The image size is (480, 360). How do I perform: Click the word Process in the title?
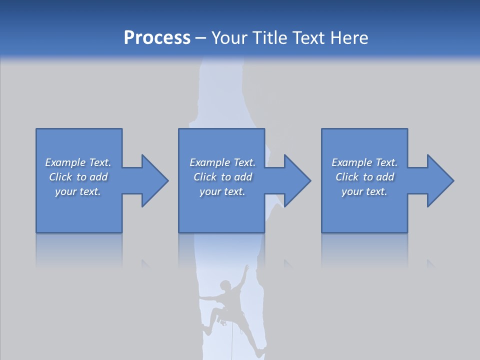point(157,38)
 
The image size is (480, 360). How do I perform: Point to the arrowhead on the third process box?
point(439,180)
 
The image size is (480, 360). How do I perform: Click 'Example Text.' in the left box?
point(78,162)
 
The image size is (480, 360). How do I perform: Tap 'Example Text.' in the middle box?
point(222,162)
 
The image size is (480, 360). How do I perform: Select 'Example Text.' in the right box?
point(364,162)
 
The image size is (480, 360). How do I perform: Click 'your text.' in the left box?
point(78,191)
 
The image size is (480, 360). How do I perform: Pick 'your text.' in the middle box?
point(222,191)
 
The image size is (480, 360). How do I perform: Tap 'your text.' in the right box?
point(364,191)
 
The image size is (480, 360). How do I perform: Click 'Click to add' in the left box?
point(78,177)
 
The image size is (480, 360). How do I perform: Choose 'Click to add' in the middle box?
point(222,177)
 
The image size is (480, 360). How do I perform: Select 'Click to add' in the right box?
point(364,177)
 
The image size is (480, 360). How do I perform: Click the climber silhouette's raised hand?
point(246,268)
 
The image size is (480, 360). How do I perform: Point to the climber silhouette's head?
point(226,285)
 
